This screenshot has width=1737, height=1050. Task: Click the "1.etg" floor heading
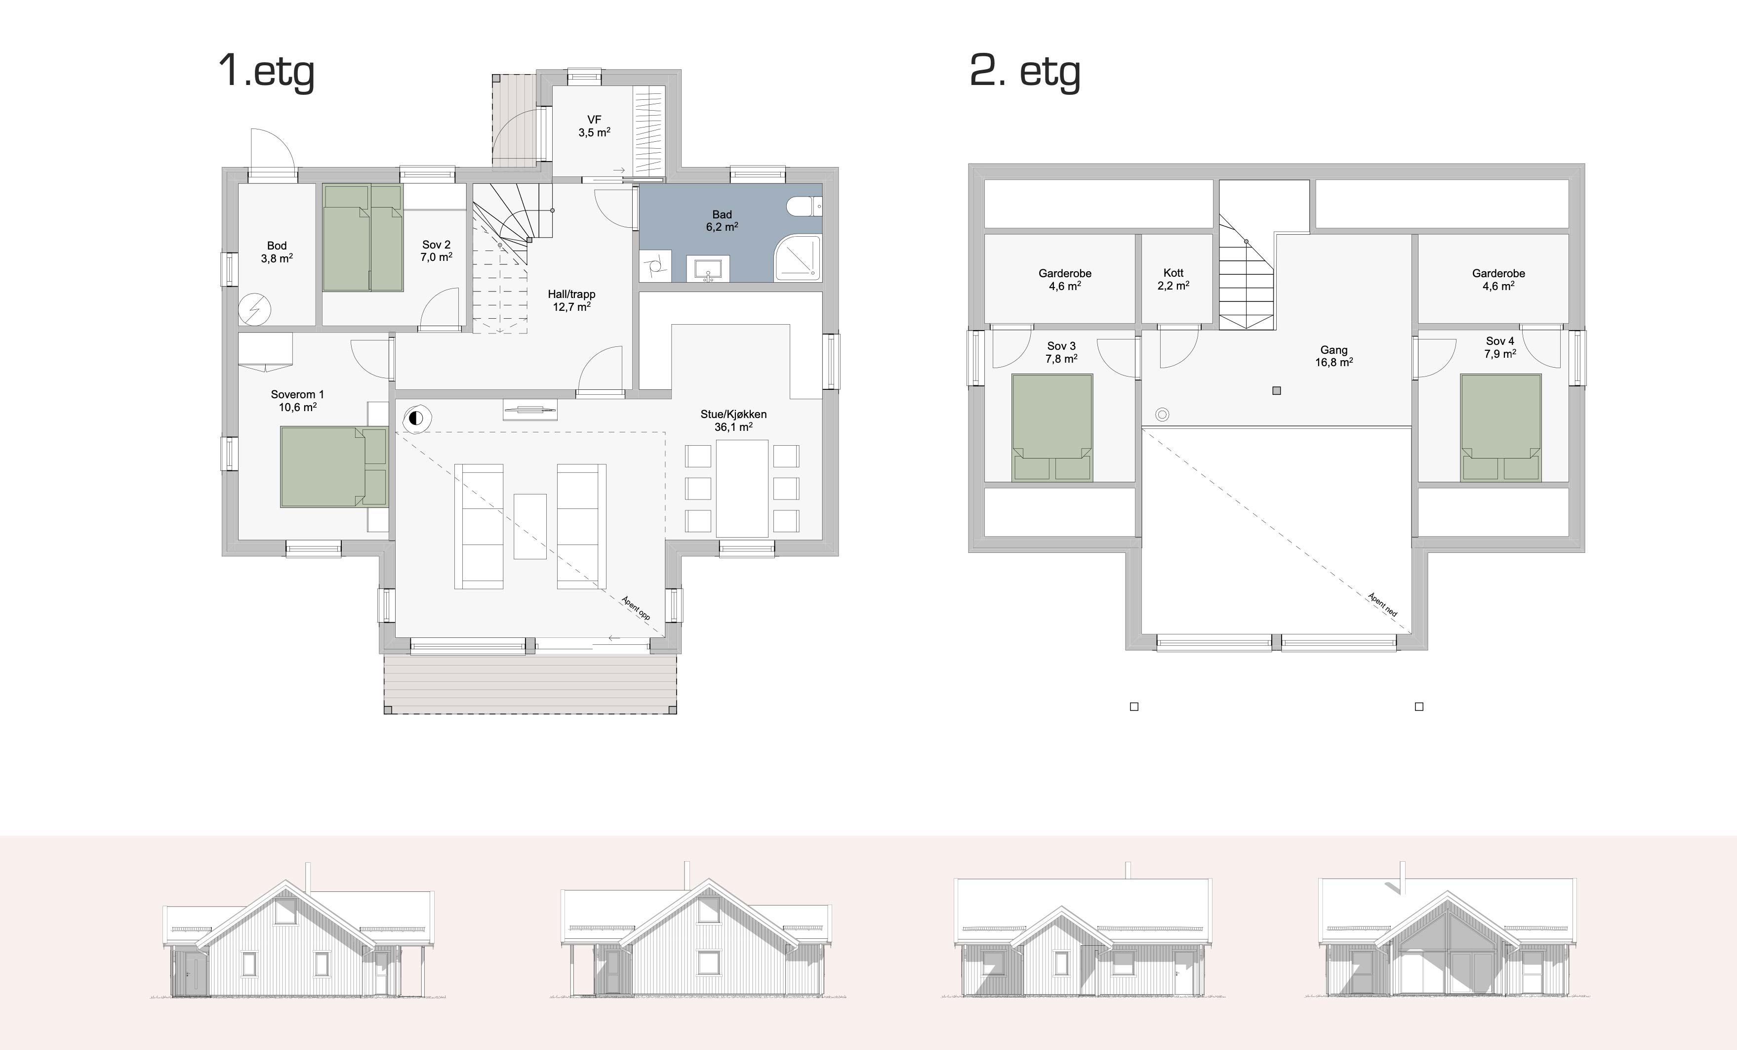(x=267, y=71)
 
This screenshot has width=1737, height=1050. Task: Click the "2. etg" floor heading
(x=1025, y=71)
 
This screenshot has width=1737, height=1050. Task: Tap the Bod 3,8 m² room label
(x=277, y=252)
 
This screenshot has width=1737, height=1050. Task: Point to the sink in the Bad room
(x=708, y=269)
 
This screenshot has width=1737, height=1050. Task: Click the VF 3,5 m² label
(x=594, y=126)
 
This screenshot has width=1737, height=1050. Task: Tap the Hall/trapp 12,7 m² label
(x=572, y=300)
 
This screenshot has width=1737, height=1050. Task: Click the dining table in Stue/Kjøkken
(x=742, y=489)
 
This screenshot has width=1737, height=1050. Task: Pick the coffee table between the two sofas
(x=530, y=526)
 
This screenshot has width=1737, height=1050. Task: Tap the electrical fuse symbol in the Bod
(x=254, y=309)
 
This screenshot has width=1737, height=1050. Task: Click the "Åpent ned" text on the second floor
(x=1382, y=604)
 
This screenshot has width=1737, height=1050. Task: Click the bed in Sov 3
(x=1052, y=427)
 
